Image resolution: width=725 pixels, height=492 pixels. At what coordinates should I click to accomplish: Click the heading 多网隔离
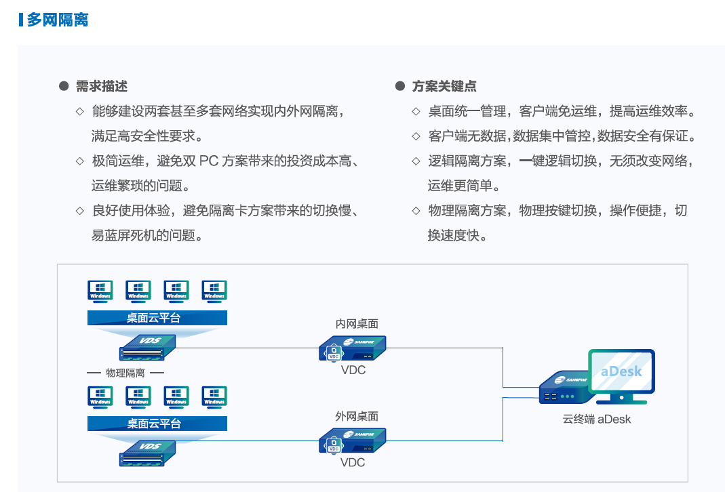point(58,20)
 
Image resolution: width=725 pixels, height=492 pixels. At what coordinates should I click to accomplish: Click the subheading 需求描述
point(101,86)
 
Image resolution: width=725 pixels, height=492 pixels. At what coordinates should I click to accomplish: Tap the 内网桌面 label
point(357,324)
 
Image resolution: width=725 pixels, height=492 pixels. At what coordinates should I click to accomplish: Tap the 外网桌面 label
point(357,416)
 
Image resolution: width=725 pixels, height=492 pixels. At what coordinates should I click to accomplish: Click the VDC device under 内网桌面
point(352,348)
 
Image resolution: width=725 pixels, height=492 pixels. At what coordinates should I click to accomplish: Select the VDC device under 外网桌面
point(352,441)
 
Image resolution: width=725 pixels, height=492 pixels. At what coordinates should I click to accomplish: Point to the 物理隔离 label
point(125,373)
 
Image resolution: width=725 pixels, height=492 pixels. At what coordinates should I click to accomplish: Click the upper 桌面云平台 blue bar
point(157,318)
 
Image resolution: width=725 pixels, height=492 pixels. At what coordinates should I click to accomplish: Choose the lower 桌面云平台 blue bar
point(157,424)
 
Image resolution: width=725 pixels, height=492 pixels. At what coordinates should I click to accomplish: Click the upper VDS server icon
point(149,346)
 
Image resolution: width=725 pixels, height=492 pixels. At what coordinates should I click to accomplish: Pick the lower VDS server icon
point(149,451)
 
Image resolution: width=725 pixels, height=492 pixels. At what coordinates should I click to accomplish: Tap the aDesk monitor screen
point(621,371)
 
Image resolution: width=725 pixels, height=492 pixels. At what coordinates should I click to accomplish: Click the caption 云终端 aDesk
point(597,419)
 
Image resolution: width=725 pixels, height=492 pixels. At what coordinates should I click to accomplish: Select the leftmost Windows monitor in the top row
point(100,291)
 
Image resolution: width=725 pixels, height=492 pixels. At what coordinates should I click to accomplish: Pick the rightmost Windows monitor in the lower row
point(214,396)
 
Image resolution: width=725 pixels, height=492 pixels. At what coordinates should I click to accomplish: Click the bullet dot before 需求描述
point(64,86)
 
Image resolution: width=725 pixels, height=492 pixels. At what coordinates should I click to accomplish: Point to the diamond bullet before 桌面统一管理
point(416,111)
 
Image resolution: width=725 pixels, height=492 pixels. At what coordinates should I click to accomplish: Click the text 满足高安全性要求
point(147,136)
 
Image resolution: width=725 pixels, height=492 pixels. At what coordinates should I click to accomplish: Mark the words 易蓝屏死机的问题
point(147,235)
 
